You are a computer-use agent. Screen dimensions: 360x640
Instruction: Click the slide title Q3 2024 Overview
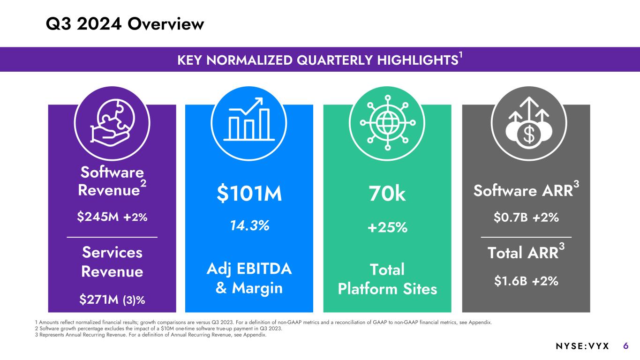point(125,24)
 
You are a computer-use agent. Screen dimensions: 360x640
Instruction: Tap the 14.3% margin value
point(249,225)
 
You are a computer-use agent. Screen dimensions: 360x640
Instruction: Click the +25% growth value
point(387,228)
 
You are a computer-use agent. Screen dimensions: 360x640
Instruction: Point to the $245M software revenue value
point(98,217)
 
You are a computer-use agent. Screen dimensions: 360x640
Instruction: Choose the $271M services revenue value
point(98,299)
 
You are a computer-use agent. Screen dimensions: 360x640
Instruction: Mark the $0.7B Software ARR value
point(512,217)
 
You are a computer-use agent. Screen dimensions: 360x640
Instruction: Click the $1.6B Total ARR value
point(512,281)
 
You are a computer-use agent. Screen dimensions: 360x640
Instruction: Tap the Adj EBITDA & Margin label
point(249,278)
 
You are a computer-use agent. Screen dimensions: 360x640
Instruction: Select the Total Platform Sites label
point(387,279)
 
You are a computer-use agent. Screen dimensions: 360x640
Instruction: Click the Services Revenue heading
point(112,262)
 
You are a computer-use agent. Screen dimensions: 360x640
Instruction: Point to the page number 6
point(626,346)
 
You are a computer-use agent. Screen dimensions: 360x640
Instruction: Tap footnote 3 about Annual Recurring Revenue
point(151,335)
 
